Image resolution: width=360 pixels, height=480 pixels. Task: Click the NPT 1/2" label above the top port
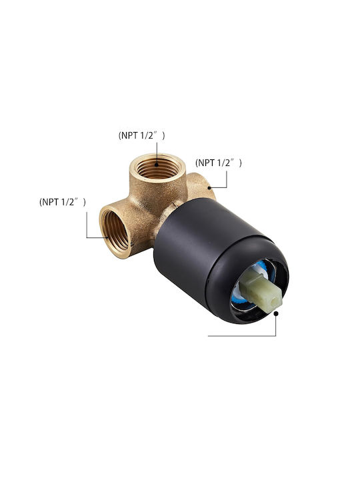pos(142,135)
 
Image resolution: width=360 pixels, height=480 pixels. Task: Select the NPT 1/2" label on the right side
pos(219,163)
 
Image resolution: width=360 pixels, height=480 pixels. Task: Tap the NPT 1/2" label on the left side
pos(63,202)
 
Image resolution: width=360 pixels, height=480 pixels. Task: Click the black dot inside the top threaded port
pos(157,165)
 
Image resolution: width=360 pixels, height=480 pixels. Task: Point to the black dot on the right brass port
pos(209,187)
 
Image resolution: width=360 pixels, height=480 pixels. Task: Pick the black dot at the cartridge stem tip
pos(276,313)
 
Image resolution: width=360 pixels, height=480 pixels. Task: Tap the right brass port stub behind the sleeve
pos(201,187)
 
